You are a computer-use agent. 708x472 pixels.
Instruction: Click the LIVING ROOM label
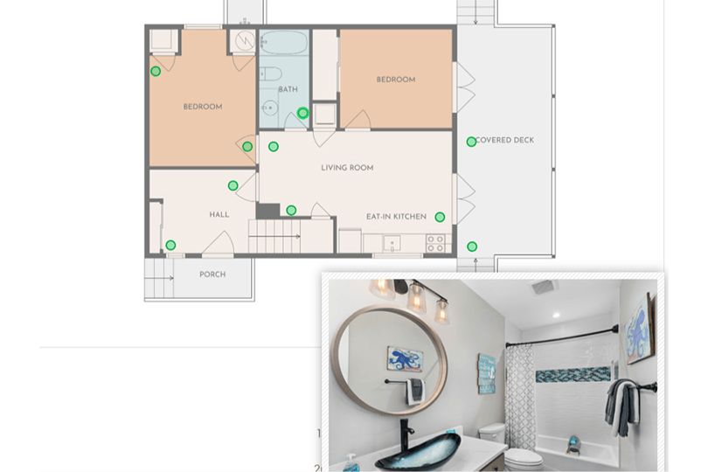pyautogui.click(x=347, y=168)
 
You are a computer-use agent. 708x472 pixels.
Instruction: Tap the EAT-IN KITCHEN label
pyautogui.click(x=396, y=217)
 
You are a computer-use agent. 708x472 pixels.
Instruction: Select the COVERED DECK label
pyautogui.click(x=505, y=140)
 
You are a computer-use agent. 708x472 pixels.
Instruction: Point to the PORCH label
pyautogui.click(x=212, y=274)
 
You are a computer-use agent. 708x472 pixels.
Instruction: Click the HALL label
pyautogui.click(x=219, y=214)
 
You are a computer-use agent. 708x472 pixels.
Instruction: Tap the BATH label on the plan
pyautogui.click(x=288, y=89)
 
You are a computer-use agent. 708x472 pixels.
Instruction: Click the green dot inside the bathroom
pyautogui.click(x=303, y=113)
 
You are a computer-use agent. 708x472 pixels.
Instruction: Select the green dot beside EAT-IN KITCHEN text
pyautogui.click(x=440, y=218)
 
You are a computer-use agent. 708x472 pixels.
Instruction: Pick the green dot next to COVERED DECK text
pyautogui.click(x=471, y=142)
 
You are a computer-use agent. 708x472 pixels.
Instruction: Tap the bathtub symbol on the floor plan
pyautogui.click(x=284, y=43)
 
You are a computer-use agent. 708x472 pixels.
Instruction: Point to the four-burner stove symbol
pyautogui.click(x=436, y=244)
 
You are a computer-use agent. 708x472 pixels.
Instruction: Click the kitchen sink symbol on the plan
pyautogui.click(x=392, y=244)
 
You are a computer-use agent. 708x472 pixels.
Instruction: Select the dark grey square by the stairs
pyautogui.click(x=268, y=211)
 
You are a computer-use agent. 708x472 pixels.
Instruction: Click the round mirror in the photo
pyautogui.click(x=390, y=360)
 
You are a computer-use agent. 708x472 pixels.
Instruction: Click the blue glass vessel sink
pyautogui.click(x=418, y=449)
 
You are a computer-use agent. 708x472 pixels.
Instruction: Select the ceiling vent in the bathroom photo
pyautogui.click(x=543, y=287)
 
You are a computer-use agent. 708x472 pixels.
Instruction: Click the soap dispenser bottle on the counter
pyautogui.click(x=351, y=463)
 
